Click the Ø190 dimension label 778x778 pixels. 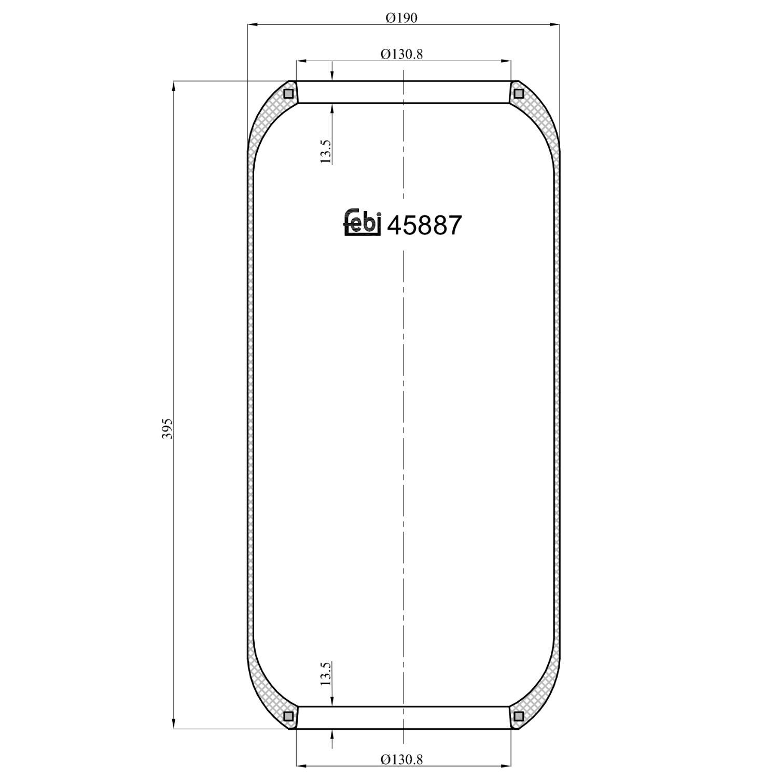pos(401,18)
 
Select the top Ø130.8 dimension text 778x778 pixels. pos(401,54)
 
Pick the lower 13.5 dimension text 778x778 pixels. pos(326,674)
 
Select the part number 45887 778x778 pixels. pos(424,226)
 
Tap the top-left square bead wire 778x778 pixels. pos(289,94)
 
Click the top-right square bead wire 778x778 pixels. pos(518,94)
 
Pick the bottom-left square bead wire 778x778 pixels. pos(289,716)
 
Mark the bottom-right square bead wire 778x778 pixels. pos(518,716)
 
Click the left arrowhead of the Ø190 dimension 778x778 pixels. pos(253,24)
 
